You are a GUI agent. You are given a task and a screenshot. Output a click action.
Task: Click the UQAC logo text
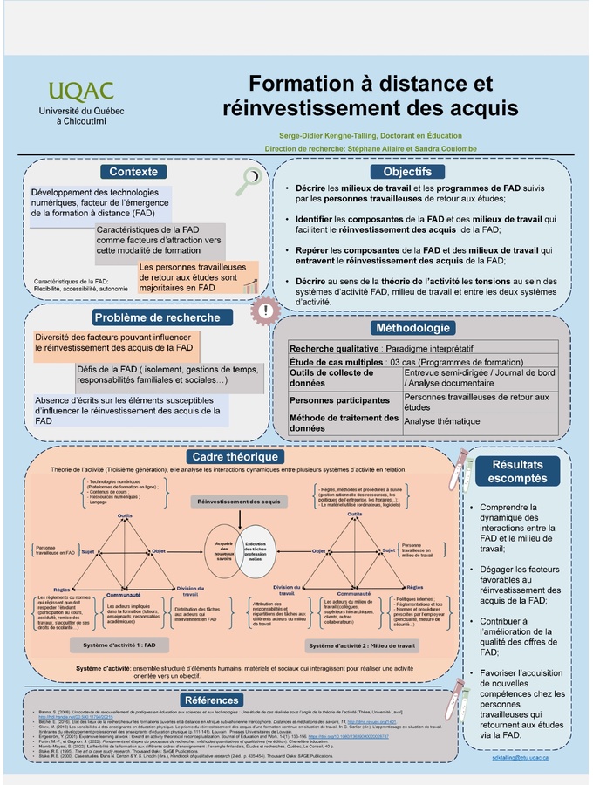click(81, 91)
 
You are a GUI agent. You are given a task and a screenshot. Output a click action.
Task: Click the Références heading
click(211, 700)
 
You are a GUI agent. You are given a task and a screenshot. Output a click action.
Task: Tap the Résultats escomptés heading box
click(517, 472)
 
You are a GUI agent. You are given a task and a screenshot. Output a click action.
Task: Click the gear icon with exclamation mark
click(265, 310)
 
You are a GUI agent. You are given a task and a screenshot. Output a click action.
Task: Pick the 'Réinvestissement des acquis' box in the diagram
click(239, 502)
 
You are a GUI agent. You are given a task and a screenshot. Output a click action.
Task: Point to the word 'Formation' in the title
click(304, 84)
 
